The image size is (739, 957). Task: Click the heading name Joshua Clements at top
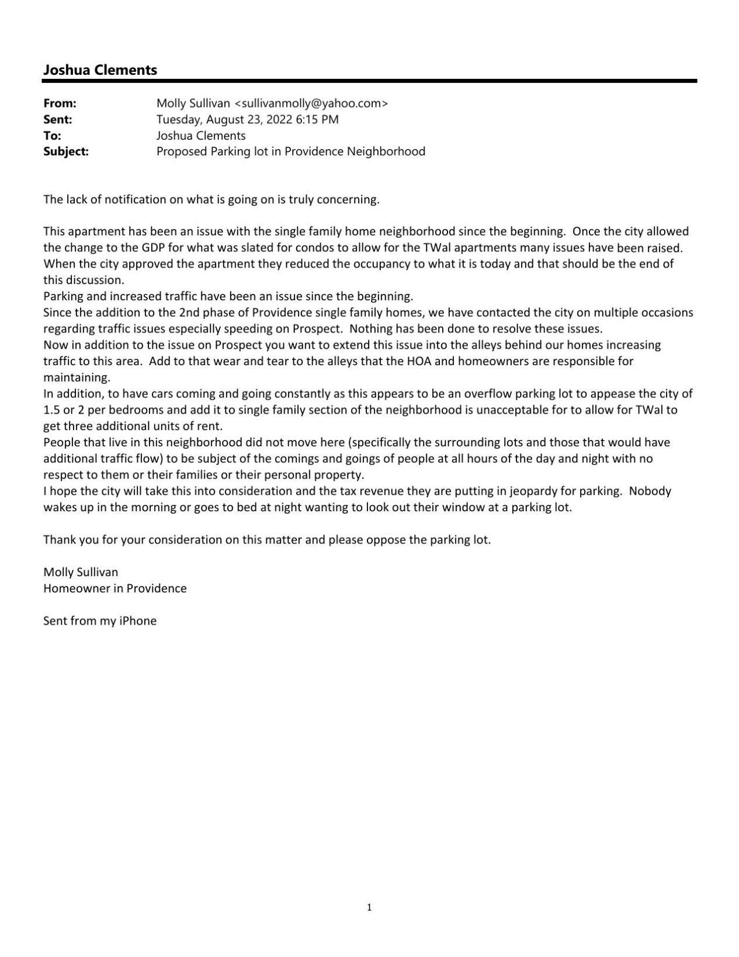click(x=100, y=70)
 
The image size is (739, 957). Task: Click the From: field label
click(x=60, y=103)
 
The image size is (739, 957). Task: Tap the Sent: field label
click(x=58, y=120)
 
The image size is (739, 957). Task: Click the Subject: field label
click(x=66, y=152)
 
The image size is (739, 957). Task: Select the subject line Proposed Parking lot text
click(x=290, y=152)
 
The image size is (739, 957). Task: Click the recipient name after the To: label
click(x=200, y=136)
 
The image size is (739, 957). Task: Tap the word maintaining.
click(x=77, y=377)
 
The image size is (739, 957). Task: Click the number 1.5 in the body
click(x=52, y=410)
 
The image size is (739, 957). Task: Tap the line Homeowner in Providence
click(x=115, y=588)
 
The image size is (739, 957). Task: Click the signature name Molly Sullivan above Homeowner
click(x=81, y=572)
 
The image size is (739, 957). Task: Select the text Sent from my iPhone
click(x=100, y=621)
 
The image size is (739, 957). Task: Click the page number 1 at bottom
click(x=369, y=907)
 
